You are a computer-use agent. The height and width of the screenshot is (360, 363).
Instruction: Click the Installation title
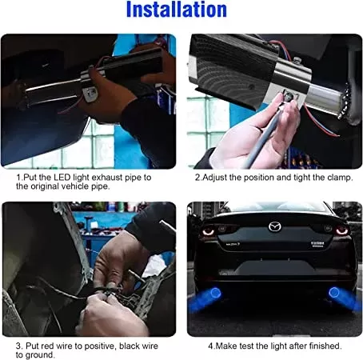[177, 10]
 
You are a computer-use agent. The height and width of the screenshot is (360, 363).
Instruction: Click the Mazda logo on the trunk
[275, 227]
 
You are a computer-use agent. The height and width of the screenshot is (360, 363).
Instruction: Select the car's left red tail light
[209, 231]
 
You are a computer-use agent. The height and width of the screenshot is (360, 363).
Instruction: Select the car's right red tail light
[341, 230]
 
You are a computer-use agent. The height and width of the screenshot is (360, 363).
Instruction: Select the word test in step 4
[246, 346]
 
